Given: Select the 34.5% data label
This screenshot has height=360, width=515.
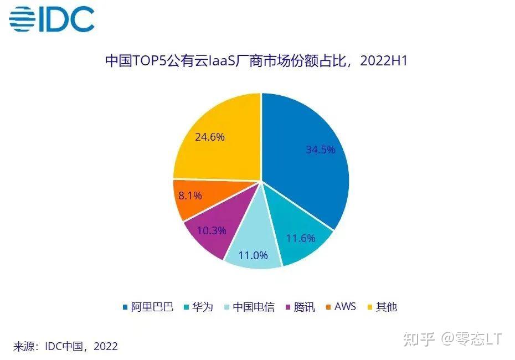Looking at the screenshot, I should point(321,150).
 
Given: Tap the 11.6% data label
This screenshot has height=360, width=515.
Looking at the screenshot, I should point(301,239).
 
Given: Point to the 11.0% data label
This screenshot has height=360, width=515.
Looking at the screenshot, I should point(253,255).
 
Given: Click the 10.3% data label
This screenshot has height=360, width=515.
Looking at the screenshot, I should point(212,230).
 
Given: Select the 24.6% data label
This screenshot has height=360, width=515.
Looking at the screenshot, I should point(210,137).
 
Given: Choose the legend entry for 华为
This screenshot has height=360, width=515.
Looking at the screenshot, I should point(203,307).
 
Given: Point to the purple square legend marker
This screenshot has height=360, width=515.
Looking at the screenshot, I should point(287,307).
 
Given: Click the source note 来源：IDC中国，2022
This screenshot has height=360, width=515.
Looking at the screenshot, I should point(65,347).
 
